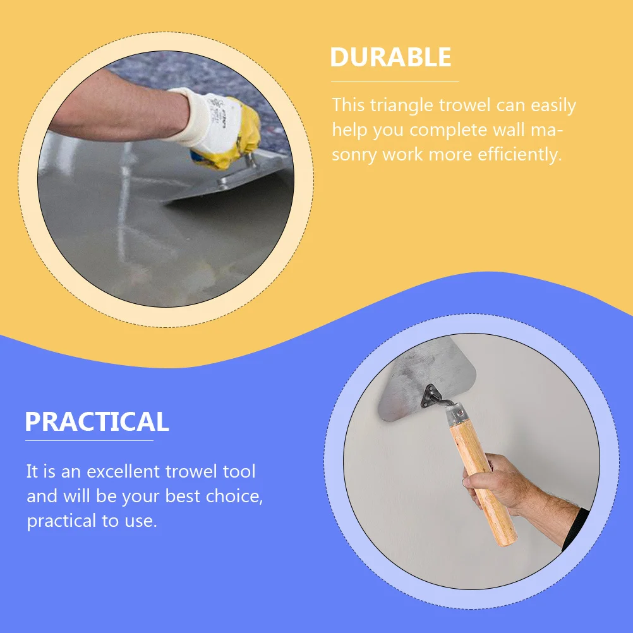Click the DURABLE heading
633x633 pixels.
[390, 57]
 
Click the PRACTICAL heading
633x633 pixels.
[97, 421]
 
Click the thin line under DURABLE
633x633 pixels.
[395, 81]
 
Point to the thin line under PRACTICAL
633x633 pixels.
[89, 440]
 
